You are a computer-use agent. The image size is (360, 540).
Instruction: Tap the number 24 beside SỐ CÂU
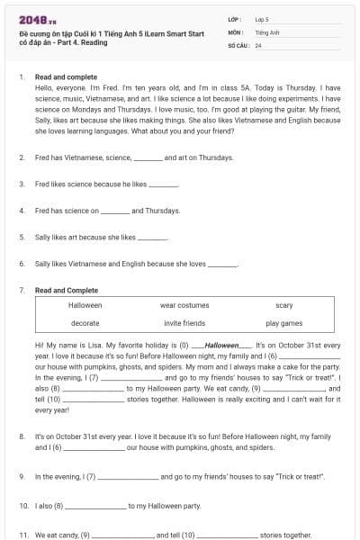(x=258, y=44)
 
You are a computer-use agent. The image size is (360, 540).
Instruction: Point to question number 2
(x=22, y=157)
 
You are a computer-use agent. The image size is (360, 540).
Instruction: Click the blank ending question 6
(x=222, y=265)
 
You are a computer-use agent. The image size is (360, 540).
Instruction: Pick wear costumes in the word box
(x=184, y=306)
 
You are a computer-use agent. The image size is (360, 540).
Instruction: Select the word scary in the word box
(x=284, y=306)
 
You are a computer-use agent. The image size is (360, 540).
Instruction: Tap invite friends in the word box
(x=184, y=322)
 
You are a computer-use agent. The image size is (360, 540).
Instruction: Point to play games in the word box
(x=284, y=322)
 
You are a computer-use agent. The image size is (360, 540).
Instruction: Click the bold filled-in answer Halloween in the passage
(x=222, y=346)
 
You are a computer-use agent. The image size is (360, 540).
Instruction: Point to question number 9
(x=22, y=476)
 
